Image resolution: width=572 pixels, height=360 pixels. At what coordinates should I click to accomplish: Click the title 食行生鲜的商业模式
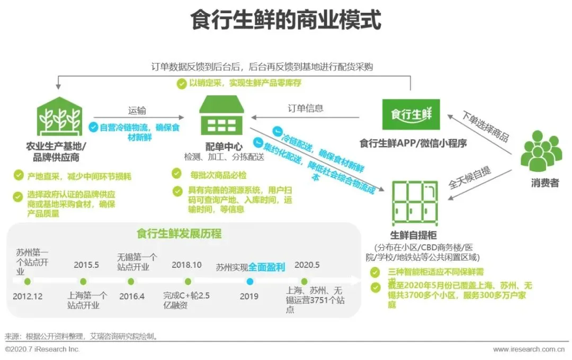285,21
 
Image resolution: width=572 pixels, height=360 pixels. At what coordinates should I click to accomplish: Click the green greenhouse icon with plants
59,120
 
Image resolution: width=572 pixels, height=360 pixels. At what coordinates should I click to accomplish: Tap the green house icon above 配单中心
221,115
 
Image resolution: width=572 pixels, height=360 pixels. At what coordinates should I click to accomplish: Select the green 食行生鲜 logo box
410,114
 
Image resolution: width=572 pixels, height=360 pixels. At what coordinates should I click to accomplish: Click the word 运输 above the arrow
137,111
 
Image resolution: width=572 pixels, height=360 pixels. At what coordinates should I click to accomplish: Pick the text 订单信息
306,109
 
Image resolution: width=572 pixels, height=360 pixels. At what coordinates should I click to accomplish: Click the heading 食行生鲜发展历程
178,234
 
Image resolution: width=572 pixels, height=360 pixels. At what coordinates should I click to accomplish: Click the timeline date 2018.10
186,265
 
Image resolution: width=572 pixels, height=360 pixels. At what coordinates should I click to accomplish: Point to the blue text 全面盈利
267,267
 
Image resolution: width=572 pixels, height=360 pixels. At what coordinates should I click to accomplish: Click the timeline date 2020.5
306,265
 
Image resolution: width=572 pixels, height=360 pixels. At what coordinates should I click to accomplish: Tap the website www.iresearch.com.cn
528,349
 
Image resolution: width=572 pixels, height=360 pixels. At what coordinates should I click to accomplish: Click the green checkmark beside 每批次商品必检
177,174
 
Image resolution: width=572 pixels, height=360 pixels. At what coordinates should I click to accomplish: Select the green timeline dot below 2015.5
86,282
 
